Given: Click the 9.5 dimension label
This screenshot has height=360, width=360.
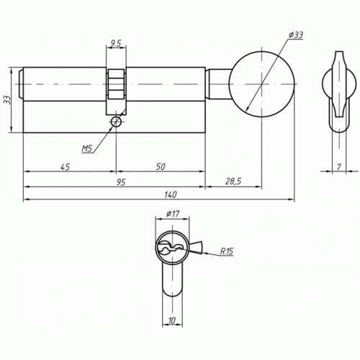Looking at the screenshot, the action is point(115,43).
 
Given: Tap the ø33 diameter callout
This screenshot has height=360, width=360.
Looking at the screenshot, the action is point(296,35).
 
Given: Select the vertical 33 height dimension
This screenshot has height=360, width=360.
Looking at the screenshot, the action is point(7,100).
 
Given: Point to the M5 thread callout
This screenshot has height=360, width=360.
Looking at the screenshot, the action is point(87,149).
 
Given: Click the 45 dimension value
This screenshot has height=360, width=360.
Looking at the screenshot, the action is point(66,166).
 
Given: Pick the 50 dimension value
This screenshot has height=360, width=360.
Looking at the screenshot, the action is point(161,166).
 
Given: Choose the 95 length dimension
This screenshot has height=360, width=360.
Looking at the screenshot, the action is point(121,182).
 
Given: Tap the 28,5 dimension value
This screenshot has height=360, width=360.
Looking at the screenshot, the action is point(233,181).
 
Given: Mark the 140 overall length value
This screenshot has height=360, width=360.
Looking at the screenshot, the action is point(170,194).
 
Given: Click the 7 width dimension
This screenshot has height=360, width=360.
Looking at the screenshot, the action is point(338,167).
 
